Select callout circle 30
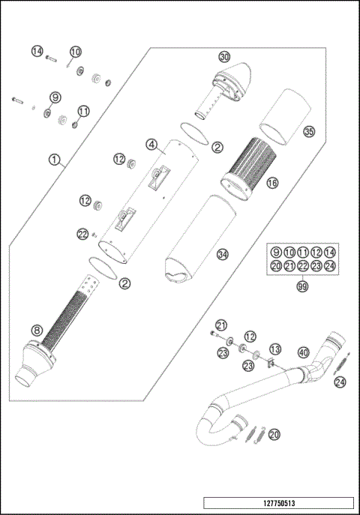(223, 57)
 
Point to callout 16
(271, 182)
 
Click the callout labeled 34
(222, 255)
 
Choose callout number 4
(151, 144)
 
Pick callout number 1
(53, 159)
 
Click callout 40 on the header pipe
(303, 352)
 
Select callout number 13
(274, 349)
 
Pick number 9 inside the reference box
(276, 252)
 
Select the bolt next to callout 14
(52, 58)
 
